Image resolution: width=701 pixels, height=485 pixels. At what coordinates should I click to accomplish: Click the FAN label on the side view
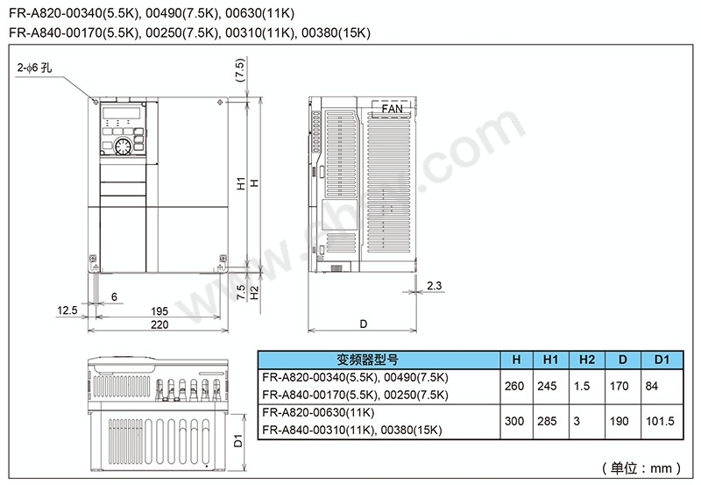click(x=392, y=109)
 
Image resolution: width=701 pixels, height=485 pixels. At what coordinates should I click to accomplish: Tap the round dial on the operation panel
click(x=123, y=146)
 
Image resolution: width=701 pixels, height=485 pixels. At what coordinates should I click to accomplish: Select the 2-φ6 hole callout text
click(x=34, y=68)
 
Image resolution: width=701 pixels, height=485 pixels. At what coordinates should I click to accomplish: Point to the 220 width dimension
click(x=159, y=325)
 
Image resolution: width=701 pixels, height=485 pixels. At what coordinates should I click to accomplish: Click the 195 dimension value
click(x=159, y=311)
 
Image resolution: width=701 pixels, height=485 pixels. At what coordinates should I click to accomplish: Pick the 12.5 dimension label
click(x=67, y=310)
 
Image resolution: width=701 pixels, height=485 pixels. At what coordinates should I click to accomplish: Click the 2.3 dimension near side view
click(x=434, y=285)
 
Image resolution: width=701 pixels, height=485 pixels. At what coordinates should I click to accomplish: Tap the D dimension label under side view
click(x=363, y=324)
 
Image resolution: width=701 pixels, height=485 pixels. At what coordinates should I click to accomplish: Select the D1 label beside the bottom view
click(x=237, y=440)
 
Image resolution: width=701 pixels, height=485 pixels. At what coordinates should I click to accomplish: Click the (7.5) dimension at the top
click(x=240, y=70)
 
